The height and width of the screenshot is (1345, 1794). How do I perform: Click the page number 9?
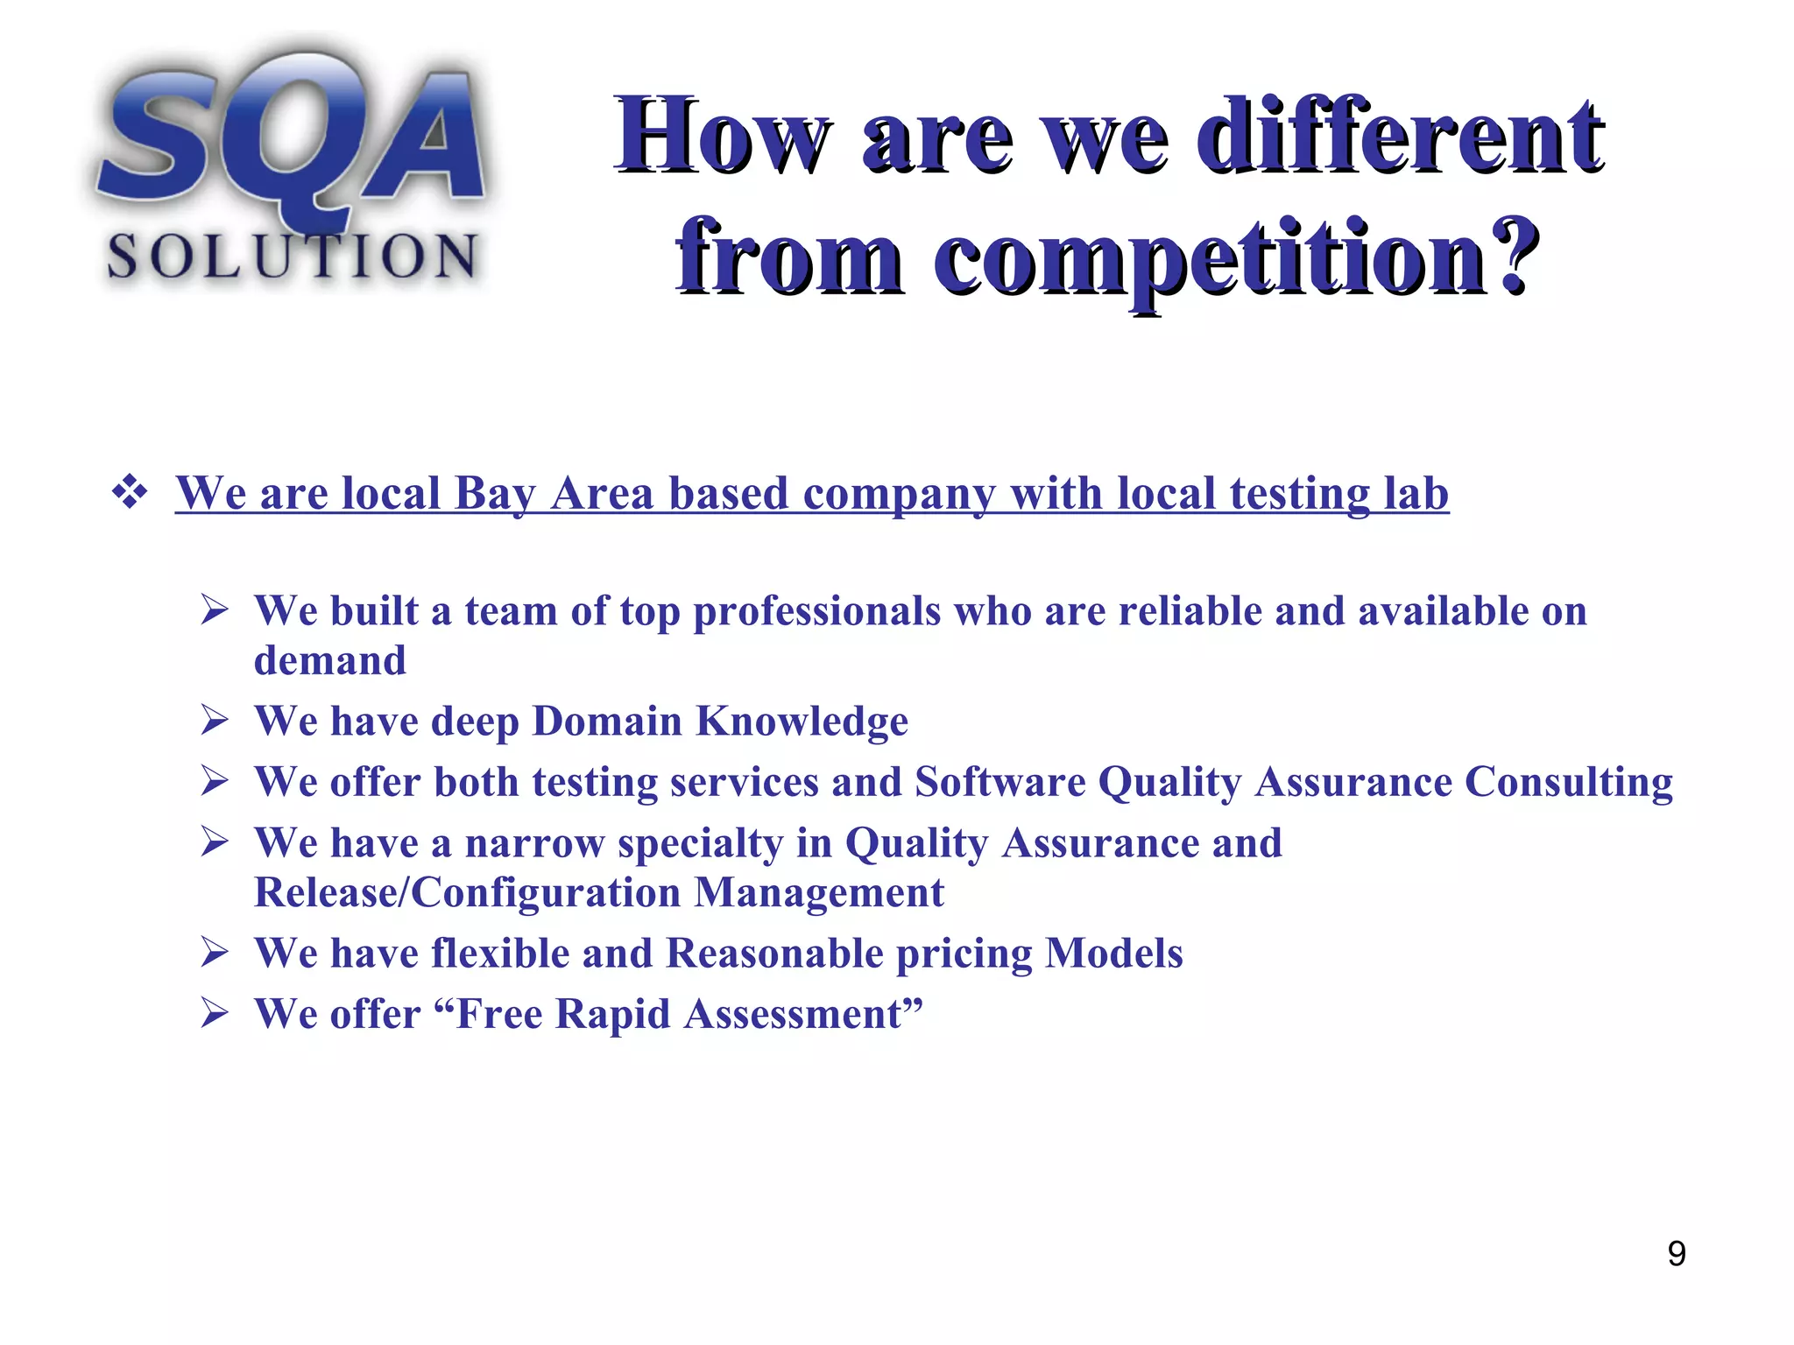pos(1676,1254)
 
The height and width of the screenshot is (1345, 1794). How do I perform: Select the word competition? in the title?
pos(1235,258)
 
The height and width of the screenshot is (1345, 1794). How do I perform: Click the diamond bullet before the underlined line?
pos(130,492)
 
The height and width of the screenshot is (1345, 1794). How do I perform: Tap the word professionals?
pos(816,611)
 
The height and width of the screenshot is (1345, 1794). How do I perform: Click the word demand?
pos(330,661)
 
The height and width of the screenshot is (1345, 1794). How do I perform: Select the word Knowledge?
pos(802,722)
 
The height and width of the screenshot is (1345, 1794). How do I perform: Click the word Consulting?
pos(1568,782)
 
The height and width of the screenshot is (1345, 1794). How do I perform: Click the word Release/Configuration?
pos(467,893)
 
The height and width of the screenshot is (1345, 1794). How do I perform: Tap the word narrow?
pos(533,843)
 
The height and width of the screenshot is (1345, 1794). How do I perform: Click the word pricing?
pos(964,954)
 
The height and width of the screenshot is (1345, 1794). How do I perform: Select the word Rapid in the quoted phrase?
pos(612,1014)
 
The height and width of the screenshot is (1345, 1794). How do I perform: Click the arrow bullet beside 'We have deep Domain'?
pos(215,722)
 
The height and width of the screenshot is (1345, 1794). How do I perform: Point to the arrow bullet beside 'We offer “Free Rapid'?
pos(215,1014)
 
